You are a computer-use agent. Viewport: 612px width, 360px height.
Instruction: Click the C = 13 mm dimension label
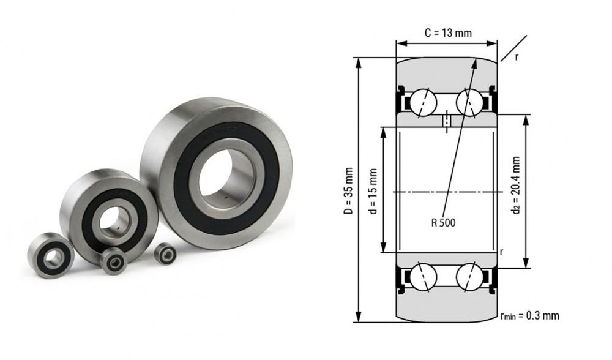click(x=448, y=33)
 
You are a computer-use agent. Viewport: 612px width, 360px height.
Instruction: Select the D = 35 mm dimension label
click(x=348, y=191)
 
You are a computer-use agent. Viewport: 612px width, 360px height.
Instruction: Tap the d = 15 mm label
click(x=373, y=191)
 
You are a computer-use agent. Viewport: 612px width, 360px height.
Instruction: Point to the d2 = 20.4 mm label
click(x=517, y=186)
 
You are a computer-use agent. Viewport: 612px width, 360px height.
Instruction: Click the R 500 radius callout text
click(x=443, y=223)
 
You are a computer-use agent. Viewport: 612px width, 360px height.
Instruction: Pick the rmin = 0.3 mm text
click(x=529, y=315)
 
